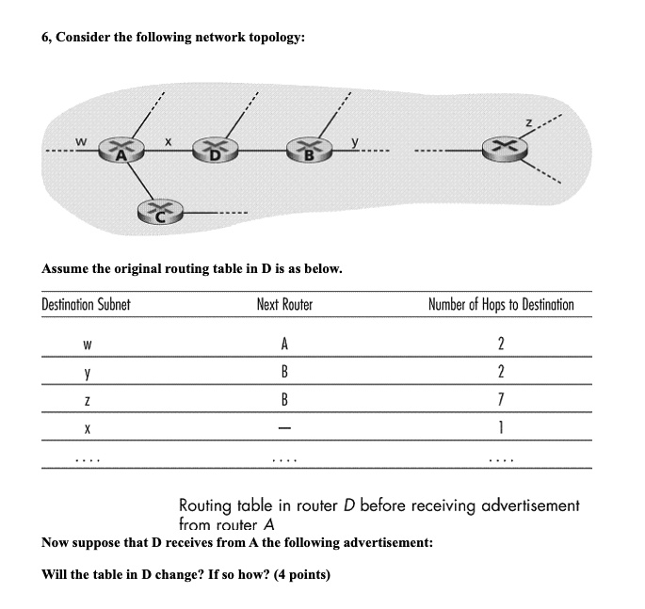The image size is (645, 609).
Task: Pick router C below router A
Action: point(159,213)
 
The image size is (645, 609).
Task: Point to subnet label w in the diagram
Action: point(83,140)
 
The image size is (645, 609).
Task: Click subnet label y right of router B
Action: point(354,141)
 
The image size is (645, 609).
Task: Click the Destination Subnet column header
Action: point(86,305)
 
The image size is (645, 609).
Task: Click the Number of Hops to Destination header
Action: point(500,305)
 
